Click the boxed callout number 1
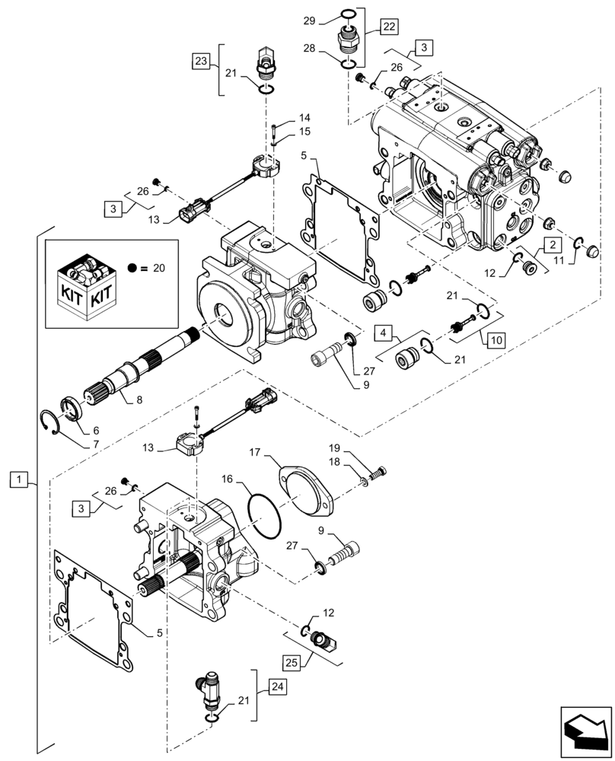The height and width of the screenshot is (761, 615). coord(20,479)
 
